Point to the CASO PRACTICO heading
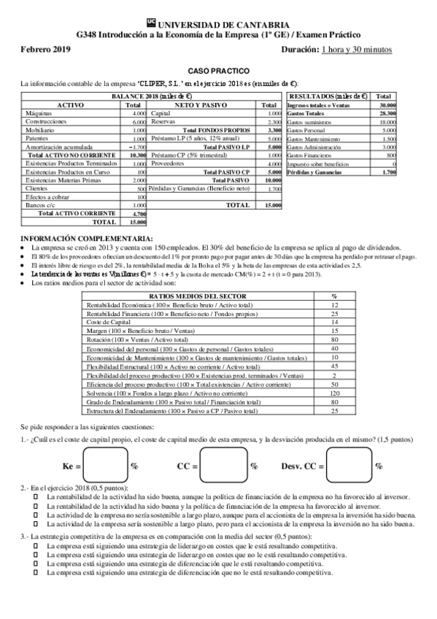219,71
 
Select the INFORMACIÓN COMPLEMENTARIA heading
87,239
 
